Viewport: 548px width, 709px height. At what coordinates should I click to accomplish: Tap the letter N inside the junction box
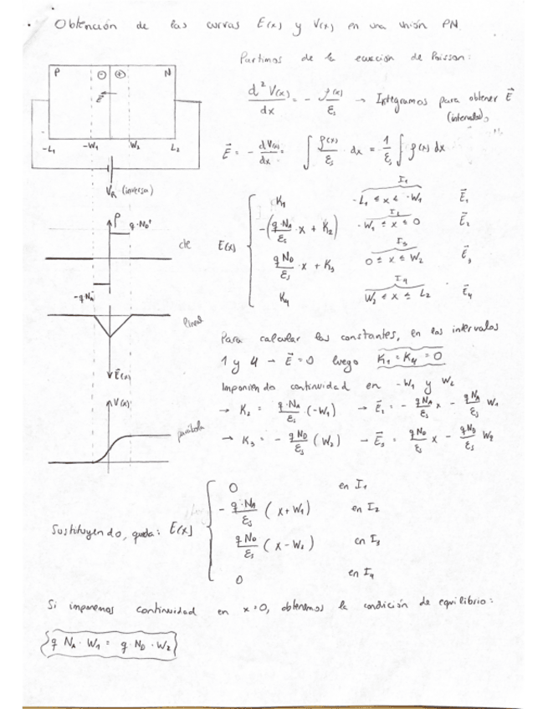168,74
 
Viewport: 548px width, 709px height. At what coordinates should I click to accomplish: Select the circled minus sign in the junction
100,74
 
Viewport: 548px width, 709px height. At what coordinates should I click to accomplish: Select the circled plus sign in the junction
120,74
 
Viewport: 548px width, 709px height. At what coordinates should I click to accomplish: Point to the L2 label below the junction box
175,150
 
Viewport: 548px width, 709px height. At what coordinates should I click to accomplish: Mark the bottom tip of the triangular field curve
110,337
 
